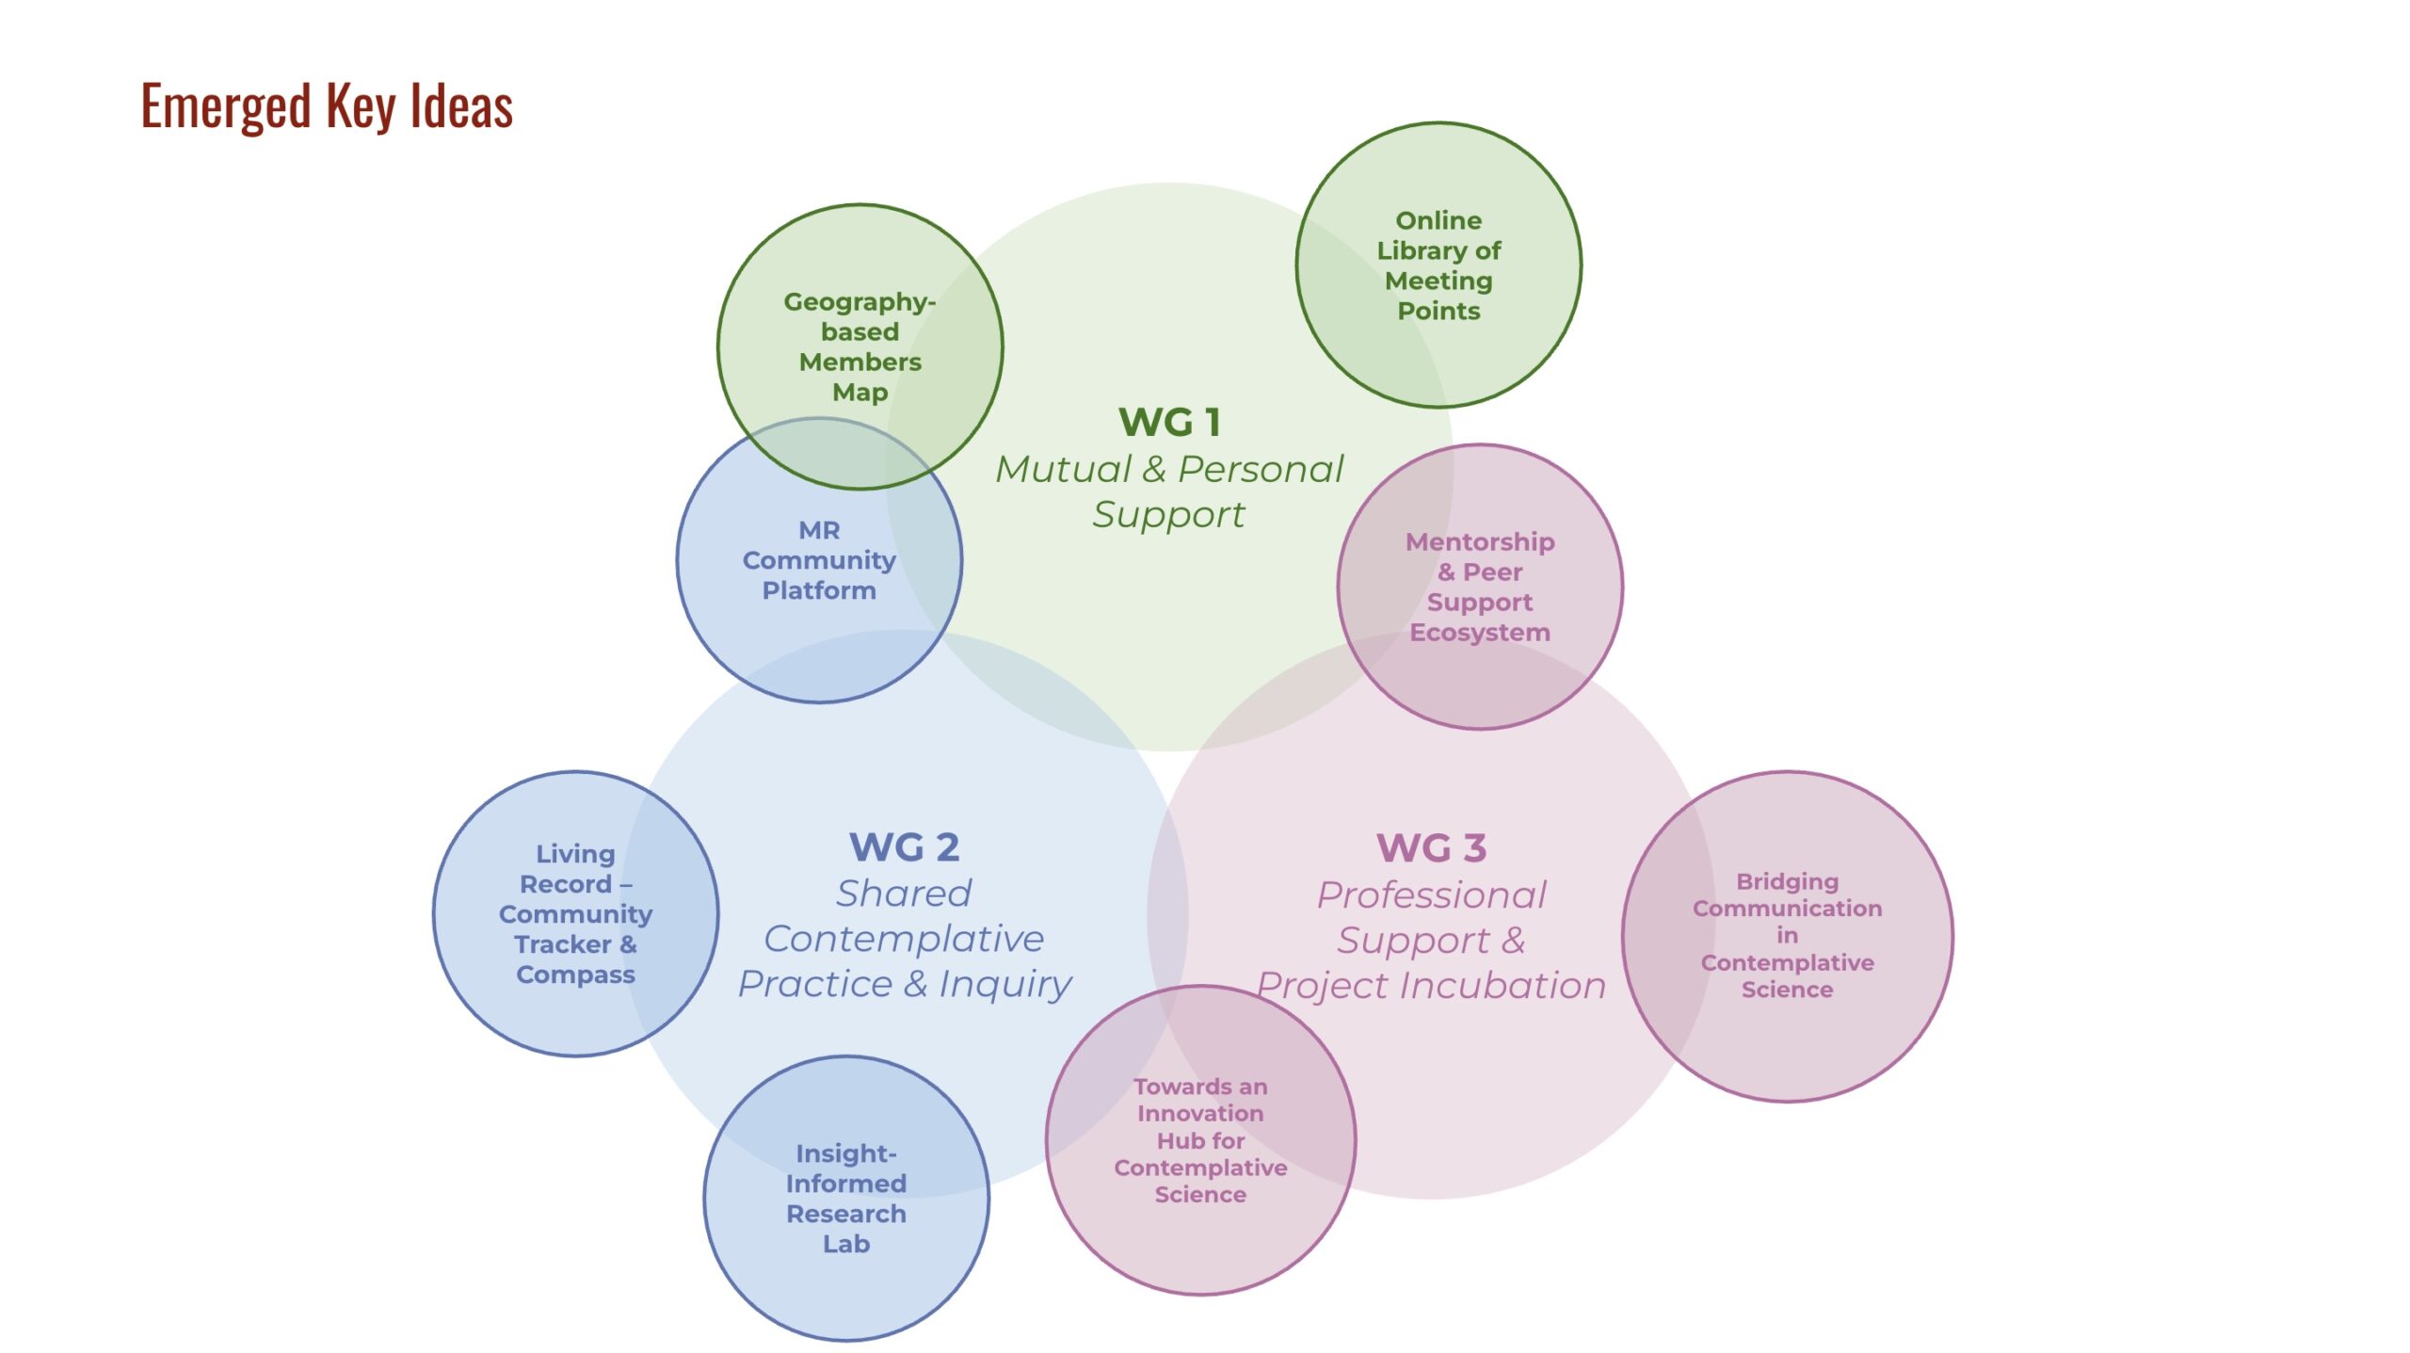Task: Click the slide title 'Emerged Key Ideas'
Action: click(x=327, y=105)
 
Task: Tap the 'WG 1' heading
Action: click(x=1169, y=422)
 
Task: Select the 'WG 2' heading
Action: click(x=904, y=847)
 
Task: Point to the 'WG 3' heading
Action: click(x=1431, y=848)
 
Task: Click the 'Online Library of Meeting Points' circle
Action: click(x=1438, y=265)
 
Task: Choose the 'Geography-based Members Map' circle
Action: click(x=860, y=346)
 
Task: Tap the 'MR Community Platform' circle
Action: click(x=819, y=560)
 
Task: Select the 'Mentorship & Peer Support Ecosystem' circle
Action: click(x=1479, y=587)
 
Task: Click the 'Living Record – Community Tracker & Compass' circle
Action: click(x=575, y=913)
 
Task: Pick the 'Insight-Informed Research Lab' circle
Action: click(x=845, y=1198)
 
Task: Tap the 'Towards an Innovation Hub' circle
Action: click(x=1200, y=1140)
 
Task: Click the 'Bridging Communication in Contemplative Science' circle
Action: click(x=1787, y=936)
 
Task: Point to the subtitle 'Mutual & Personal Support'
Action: click(x=1169, y=491)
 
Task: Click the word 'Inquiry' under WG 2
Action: click(x=1004, y=984)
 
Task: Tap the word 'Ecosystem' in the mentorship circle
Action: click(x=1479, y=633)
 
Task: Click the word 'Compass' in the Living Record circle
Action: click(x=575, y=974)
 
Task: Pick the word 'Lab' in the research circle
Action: click(x=845, y=1244)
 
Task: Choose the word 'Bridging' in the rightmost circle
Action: click(x=1787, y=881)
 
